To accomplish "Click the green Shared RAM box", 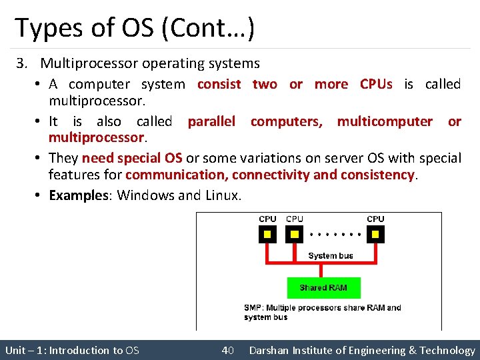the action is tap(323, 287).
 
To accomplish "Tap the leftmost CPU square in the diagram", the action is tap(267, 234).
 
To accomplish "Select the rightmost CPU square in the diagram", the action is tap(375, 234).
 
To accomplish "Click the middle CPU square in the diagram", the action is tap(294, 234).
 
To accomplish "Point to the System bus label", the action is tap(331, 255).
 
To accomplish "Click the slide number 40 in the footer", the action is tap(227, 350).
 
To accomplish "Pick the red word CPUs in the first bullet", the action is tap(376, 84).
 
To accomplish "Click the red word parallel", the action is tap(211, 121).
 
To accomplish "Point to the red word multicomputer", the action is tap(385, 121).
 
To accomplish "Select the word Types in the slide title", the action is tap(43, 28).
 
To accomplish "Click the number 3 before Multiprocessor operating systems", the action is tap(22, 64).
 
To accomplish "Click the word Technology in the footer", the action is tap(447, 350).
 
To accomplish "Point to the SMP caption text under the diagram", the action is tap(323, 312).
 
